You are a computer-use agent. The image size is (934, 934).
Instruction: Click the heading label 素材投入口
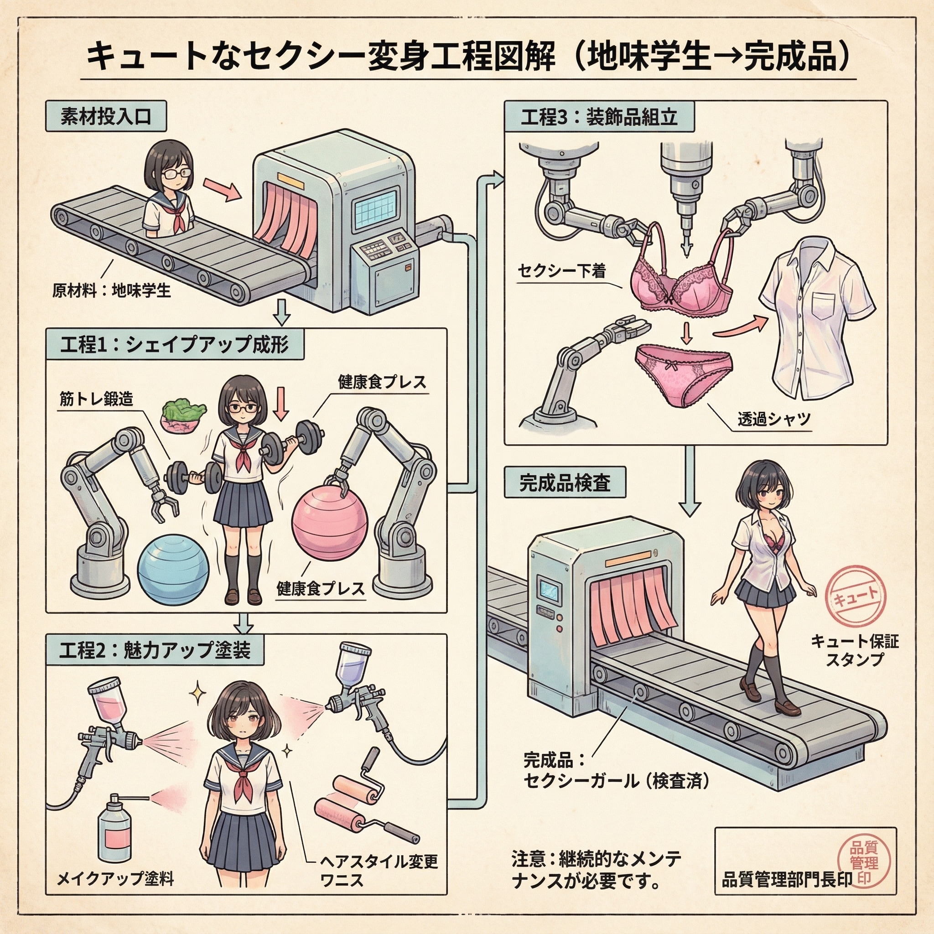click(106, 116)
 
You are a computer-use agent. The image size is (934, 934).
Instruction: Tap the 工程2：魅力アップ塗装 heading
click(155, 649)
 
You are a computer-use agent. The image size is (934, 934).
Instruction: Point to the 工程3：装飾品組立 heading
click(599, 116)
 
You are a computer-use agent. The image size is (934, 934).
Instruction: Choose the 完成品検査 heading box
click(565, 482)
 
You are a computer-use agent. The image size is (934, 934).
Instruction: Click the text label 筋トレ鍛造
click(96, 400)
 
